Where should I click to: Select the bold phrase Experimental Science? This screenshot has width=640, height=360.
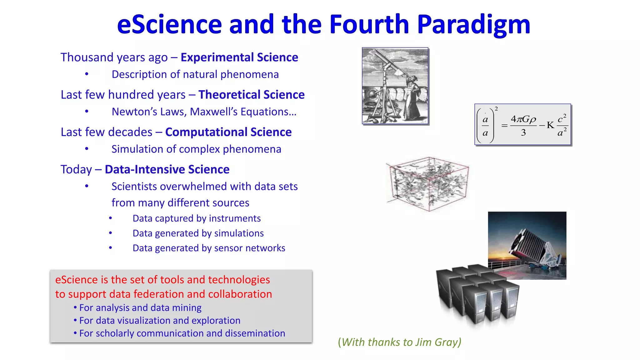point(239,57)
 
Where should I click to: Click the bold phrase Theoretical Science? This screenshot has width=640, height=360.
point(251,95)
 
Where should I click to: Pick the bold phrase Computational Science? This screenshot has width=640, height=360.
point(228,132)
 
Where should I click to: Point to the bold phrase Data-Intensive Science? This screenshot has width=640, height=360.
point(167,169)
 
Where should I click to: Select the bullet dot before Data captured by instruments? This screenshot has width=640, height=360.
point(110,218)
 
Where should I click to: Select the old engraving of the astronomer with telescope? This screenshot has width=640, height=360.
point(395,86)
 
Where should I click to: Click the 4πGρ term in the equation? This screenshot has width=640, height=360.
point(523,119)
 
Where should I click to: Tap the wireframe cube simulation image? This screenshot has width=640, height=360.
point(427,184)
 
